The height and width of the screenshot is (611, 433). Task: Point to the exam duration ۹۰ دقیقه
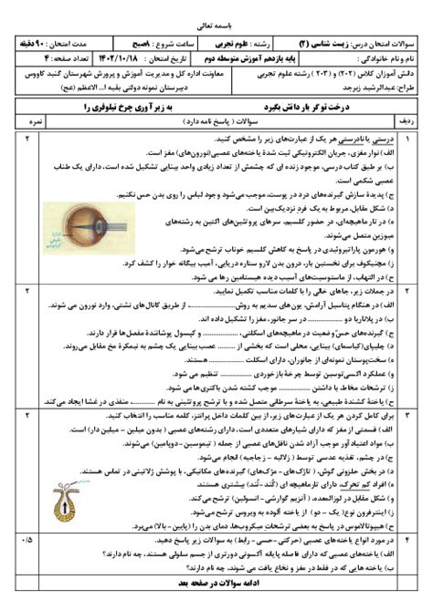pyautogui.click(x=46, y=42)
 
